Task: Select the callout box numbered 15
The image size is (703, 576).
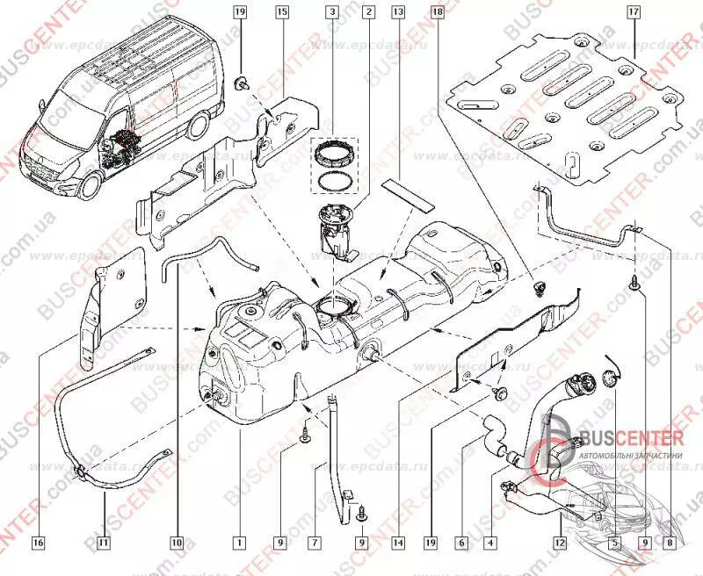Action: pyautogui.click(x=282, y=12)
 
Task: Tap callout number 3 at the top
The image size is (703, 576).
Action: pyautogui.click(x=331, y=12)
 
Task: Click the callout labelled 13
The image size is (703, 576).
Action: pyautogui.click(x=398, y=12)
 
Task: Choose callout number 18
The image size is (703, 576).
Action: pyautogui.click(x=437, y=12)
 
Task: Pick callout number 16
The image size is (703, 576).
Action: pyautogui.click(x=38, y=543)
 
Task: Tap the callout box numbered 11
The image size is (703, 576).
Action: pyautogui.click(x=104, y=543)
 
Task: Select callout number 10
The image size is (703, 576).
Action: pyautogui.click(x=176, y=543)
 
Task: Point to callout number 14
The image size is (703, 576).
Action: pyautogui.click(x=398, y=543)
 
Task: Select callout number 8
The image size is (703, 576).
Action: pyautogui.click(x=671, y=543)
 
